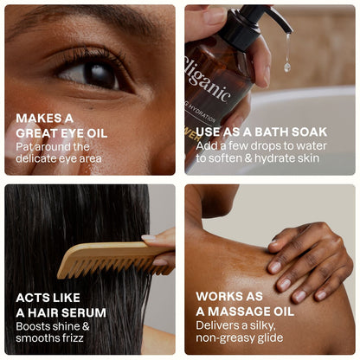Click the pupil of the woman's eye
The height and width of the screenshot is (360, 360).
100,74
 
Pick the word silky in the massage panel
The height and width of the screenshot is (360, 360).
262,325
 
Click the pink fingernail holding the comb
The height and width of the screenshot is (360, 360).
149,238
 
